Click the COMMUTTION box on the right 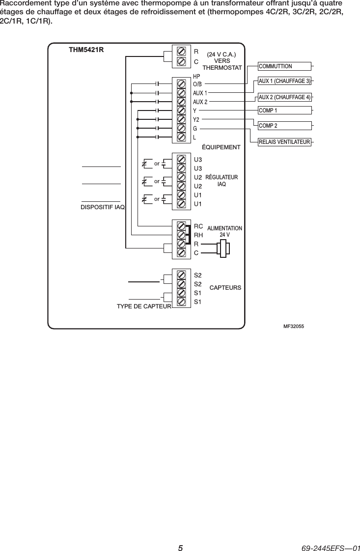click(285, 66)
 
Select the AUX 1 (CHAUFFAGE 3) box click(285, 81)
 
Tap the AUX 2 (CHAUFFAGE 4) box click(285, 97)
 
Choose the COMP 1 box click(285, 110)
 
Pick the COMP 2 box click(285, 126)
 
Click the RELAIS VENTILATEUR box click(285, 142)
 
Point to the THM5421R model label click(86, 50)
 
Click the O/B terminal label click(197, 84)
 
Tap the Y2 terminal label click(196, 119)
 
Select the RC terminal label click(198, 226)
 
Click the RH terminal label click(198, 235)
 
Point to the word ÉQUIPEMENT click(222, 147)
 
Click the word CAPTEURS click(225, 287)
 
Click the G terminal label click(195, 128)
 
